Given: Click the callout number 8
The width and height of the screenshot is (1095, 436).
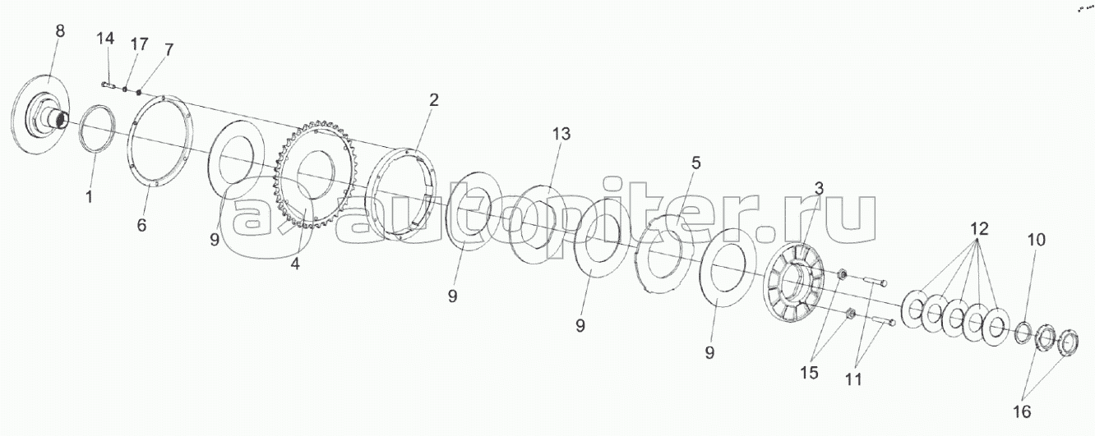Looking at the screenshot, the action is [x=59, y=32].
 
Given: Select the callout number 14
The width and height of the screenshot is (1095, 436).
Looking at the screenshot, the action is [x=106, y=39].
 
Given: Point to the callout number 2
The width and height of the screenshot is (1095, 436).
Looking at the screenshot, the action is [x=433, y=101].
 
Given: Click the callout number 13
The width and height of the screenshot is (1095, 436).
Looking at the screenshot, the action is [x=561, y=134].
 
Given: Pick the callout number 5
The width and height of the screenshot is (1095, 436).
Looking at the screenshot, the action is [x=695, y=163].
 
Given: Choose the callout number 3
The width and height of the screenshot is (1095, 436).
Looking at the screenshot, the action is [x=819, y=189].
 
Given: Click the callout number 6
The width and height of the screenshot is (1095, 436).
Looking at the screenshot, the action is [x=141, y=225].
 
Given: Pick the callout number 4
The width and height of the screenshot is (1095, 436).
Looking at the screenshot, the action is [x=295, y=264].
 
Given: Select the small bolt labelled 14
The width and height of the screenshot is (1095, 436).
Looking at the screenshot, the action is [x=109, y=83].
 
